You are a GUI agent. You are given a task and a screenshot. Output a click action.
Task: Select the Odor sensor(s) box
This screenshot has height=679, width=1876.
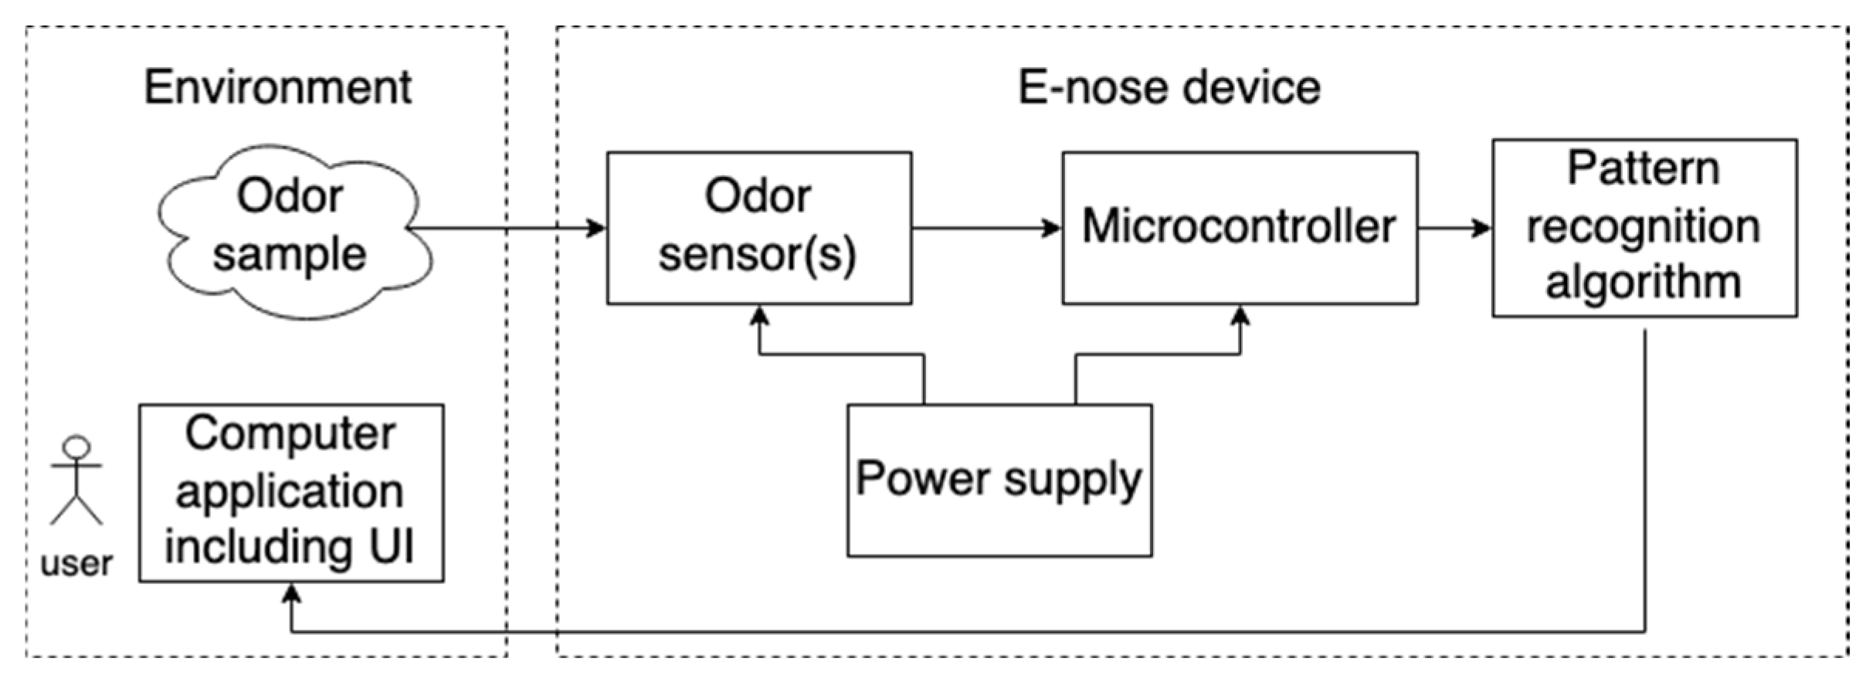pos(758,227)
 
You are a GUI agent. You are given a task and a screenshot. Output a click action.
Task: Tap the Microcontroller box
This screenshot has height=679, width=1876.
pos(1239,227)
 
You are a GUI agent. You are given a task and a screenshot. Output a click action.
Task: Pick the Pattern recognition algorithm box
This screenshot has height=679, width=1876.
pos(1644,227)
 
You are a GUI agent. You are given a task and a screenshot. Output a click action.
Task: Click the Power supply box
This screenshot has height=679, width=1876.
pos(999,480)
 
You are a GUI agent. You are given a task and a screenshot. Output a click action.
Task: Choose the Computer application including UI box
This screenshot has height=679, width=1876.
pos(291,492)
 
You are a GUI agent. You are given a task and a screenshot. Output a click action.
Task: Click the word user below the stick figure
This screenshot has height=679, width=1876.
pos(76,563)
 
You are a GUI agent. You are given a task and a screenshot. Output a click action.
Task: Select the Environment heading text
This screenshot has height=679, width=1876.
pos(277,87)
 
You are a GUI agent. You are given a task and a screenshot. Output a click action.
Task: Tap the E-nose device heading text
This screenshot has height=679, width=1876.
pos(1169,87)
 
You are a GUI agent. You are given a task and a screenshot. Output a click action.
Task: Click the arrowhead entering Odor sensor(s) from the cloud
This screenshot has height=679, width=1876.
pos(596,228)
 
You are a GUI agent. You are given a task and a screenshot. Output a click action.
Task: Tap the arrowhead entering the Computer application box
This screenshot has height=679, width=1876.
pos(291,594)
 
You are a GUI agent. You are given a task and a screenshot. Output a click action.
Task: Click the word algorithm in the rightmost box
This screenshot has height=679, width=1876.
pos(1644,282)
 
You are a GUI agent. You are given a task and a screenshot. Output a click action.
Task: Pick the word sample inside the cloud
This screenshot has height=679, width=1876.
pos(290,255)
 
